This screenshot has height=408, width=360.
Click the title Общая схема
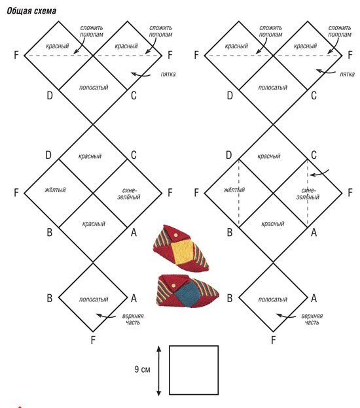pos(31,11)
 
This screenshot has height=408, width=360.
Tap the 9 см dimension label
pos(142,369)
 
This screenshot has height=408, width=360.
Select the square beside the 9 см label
pos(194,370)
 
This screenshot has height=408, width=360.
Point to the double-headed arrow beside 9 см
pos(159,370)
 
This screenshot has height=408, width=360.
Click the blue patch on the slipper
pos(188,294)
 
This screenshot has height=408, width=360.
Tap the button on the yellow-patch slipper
pos(175,235)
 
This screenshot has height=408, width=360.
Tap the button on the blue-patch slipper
pos(174,286)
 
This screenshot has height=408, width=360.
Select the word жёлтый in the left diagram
pos(55,190)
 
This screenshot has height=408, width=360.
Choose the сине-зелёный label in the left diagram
pos(129,194)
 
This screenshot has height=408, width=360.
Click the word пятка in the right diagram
pos(347,75)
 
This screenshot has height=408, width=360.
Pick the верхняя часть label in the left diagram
pos(133,319)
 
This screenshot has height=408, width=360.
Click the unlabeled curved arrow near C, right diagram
pos(319,173)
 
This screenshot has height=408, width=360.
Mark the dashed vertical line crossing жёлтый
pos(239,192)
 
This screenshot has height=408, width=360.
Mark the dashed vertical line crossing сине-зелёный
pos(308,192)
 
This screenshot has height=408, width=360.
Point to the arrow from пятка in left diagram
pos(141,75)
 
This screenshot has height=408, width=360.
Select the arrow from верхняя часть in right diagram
pos(286,316)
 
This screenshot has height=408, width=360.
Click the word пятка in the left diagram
pos(168,75)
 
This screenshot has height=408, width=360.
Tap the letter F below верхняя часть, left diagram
pos(93,340)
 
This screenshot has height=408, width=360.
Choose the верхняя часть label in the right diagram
pos(312,319)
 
